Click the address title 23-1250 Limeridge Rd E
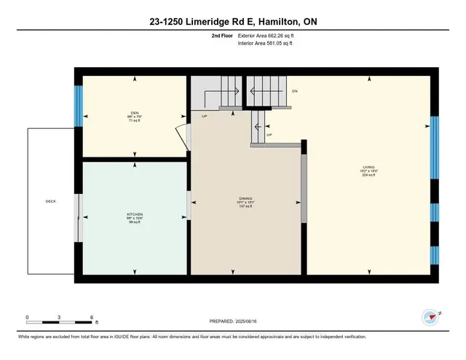(233, 23)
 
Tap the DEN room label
(134, 112)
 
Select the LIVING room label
(368, 168)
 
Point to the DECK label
(50, 201)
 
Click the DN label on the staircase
(295, 91)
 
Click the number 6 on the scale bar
(91, 317)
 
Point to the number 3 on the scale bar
(59, 317)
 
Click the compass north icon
(430, 317)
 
